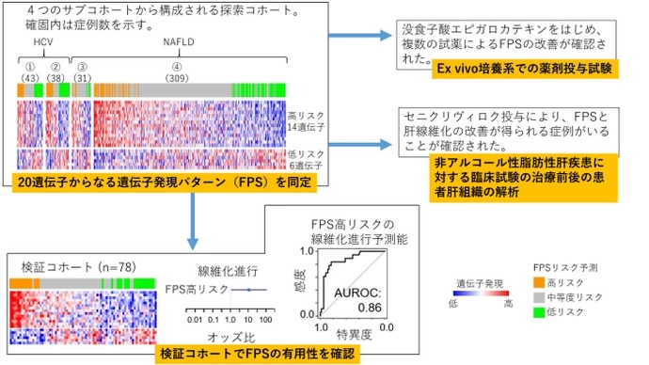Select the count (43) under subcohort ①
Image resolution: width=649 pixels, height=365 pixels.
[30, 76]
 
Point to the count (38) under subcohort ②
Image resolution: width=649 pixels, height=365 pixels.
[56, 76]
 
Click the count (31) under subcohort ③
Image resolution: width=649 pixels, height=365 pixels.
[83, 76]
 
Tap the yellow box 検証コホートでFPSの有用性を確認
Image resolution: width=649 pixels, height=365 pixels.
[264, 354]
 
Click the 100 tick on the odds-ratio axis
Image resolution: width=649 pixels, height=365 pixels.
[265, 320]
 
